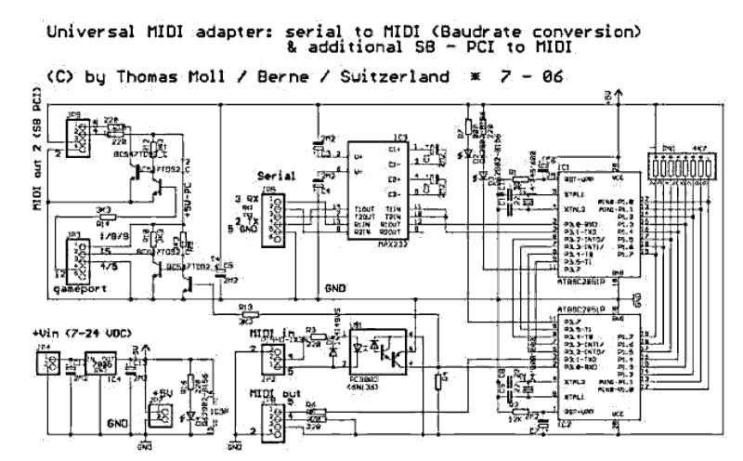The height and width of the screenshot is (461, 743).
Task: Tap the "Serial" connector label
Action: pos(279,175)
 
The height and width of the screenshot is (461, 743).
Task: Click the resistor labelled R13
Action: pos(245,311)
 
